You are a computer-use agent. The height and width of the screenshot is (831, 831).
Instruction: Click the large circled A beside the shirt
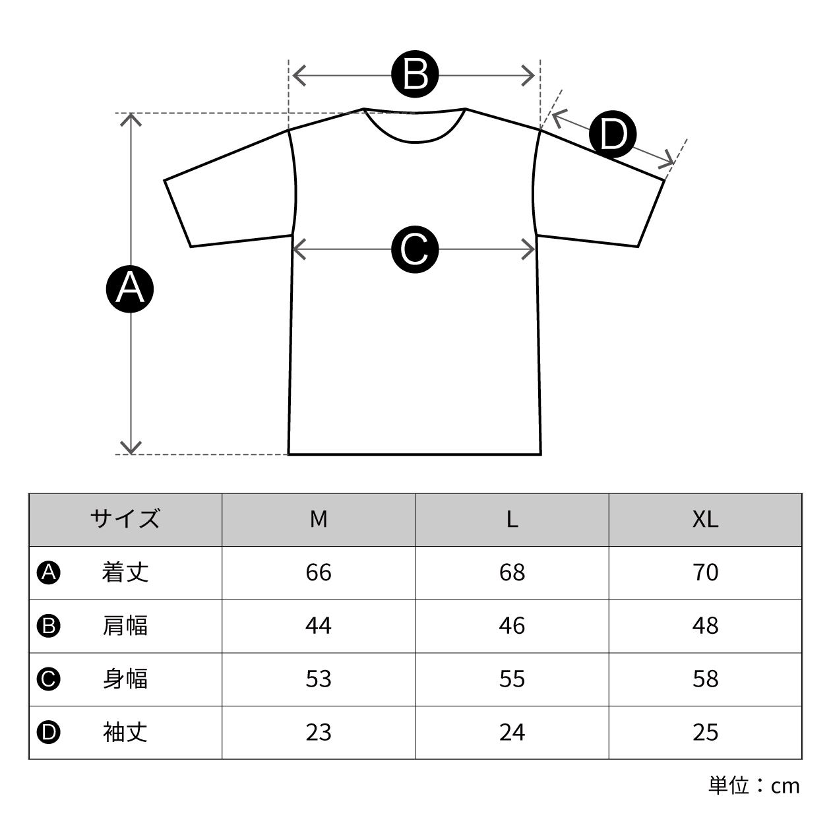coord(130,288)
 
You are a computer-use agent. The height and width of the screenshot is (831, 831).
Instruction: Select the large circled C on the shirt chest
coord(415,249)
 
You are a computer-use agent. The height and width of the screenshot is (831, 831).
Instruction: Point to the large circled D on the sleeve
coord(613,135)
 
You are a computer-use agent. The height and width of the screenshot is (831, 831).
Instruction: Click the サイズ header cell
coord(125,519)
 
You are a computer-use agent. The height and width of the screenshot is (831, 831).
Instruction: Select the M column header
coord(319,519)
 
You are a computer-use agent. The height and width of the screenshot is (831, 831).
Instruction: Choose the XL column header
coord(705,519)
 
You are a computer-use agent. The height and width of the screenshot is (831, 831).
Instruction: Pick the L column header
coord(512,519)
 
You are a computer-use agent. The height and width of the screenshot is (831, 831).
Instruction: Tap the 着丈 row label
coord(125,572)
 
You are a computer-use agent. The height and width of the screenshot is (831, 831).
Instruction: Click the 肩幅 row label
coord(125,625)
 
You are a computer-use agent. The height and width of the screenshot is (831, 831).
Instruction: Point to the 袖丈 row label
coord(125,732)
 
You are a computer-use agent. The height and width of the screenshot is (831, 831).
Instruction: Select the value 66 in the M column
coord(319,572)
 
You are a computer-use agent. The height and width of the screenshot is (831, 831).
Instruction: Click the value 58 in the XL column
coord(705,679)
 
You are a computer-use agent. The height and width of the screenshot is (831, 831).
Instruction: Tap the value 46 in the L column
coord(512,625)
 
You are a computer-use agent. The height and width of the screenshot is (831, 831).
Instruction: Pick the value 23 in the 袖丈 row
coord(319,732)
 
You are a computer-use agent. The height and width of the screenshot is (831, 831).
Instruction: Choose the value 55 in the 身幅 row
coord(512,679)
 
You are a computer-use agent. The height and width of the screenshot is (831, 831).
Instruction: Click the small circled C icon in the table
coord(49,679)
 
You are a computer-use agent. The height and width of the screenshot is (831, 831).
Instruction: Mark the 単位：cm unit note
coord(754,785)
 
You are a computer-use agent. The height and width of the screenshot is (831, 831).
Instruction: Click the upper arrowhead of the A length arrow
coord(132,119)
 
